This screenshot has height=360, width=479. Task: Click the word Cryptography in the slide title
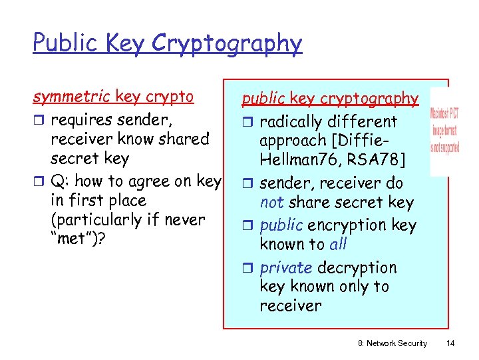point(227,44)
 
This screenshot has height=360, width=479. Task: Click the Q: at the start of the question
point(62,181)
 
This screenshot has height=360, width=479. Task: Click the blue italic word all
point(338,244)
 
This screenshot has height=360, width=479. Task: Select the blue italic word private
point(286,268)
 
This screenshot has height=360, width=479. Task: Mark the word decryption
point(357,268)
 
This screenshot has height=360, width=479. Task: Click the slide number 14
point(450,343)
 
